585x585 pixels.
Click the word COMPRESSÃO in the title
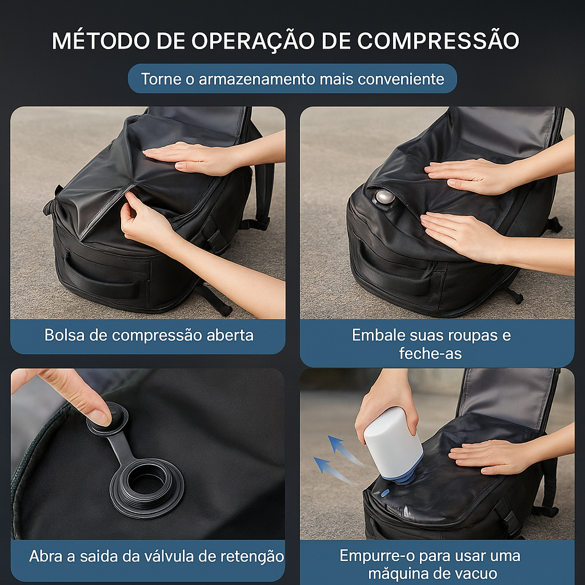pos(439,41)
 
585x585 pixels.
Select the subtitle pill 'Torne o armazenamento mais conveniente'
pos(292,79)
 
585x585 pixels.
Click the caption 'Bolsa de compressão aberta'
pos(149,335)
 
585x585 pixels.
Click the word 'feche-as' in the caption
pos(430,354)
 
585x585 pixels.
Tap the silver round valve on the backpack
pos(384,197)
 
